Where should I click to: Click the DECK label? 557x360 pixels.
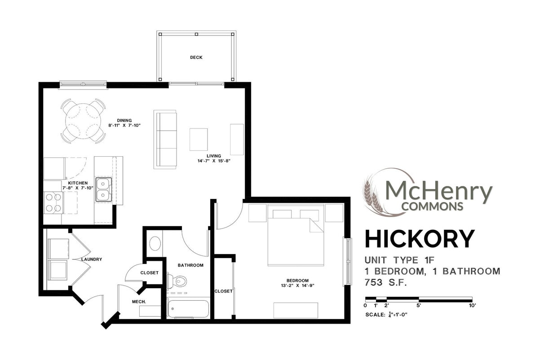click(x=196, y=57)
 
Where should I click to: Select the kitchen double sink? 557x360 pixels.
click(x=103, y=189)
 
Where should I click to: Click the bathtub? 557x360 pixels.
click(x=187, y=309)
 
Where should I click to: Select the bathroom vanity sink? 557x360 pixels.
click(x=155, y=244)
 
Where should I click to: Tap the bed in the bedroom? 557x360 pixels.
click(x=296, y=238)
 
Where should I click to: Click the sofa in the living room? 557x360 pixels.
click(x=165, y=139)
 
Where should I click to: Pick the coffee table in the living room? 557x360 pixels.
click(x=199, y=139)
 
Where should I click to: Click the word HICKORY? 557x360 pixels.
click(x=419, y=239)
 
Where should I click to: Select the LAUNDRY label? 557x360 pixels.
click(x=92, y=259)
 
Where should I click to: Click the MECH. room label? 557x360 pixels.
click(x=139, y=302)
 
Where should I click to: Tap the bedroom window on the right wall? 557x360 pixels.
click(x=347, y=261)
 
